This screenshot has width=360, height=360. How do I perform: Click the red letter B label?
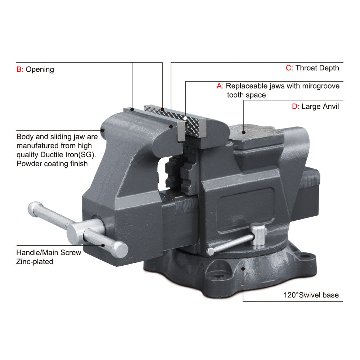[20, 69]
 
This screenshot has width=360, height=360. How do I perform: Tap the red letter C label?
[289, 68]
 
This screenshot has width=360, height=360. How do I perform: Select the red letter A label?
[220, 86]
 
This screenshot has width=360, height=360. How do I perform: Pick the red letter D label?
[296, 107]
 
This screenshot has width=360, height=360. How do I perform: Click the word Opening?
[40, 69]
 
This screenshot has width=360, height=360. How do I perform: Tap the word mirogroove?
[321, 86]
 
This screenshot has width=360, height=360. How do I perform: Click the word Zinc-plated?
[35, 261]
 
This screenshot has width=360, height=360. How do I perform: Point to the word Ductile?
[52, 155]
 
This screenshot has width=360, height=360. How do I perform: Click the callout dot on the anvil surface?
[244, 132]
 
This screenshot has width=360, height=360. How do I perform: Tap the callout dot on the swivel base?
[243, 269]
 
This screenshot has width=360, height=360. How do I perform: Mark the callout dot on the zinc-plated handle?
[103, 246]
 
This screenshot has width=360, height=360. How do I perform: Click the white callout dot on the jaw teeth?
[185, 118]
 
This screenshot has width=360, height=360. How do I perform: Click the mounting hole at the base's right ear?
[305, 256]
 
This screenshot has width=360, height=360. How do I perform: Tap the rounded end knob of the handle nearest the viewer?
[121, 249]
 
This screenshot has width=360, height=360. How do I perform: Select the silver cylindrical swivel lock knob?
[258, 234]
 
